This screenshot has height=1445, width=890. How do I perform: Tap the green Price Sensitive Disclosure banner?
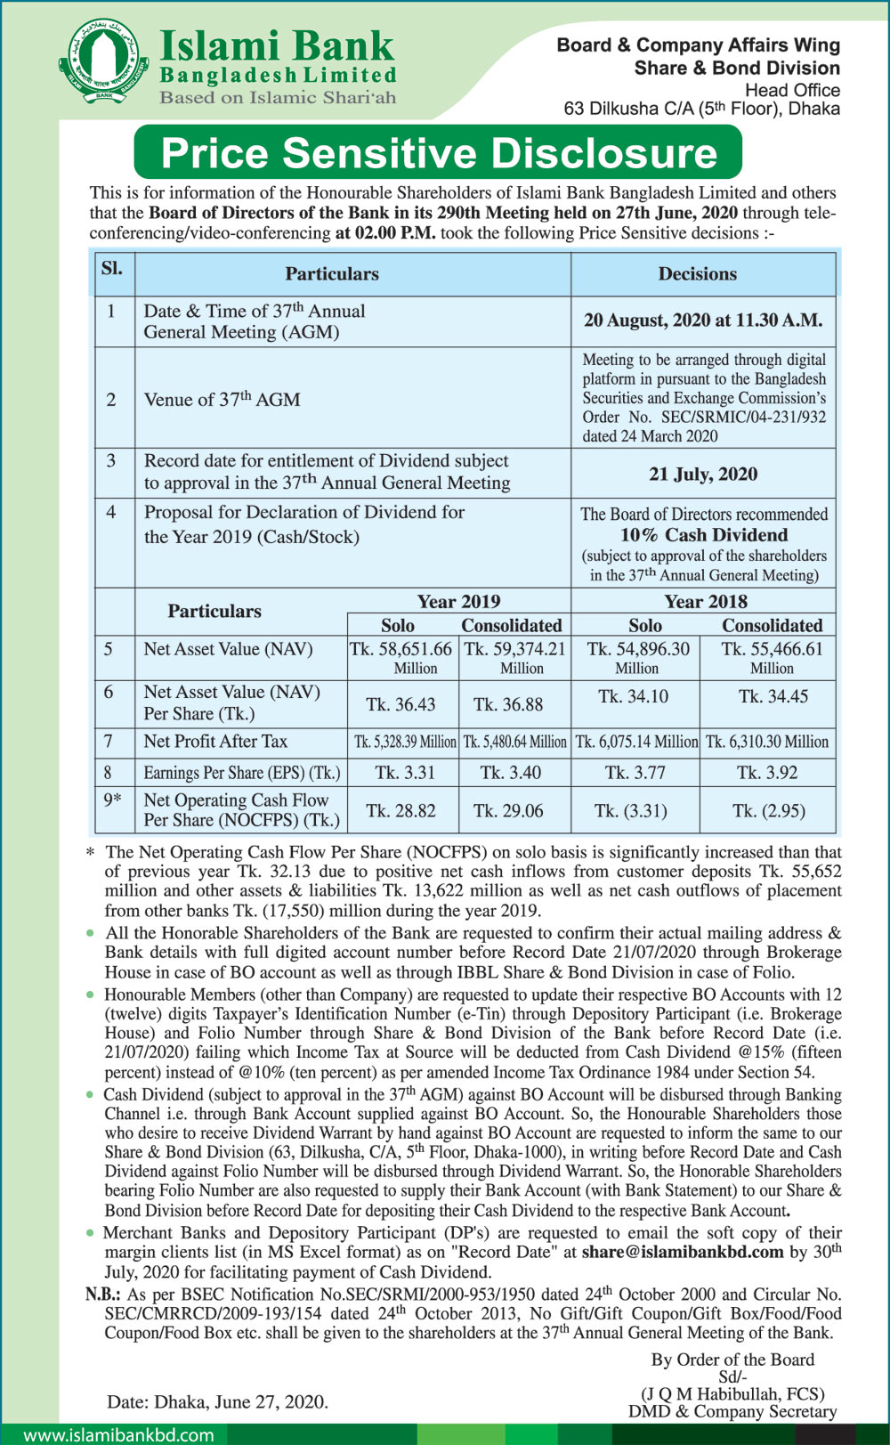438,153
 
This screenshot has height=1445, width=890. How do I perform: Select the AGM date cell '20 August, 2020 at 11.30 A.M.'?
703,321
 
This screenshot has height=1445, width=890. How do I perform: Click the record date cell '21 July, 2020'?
703,474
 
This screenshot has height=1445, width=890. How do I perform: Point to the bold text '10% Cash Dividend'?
704,535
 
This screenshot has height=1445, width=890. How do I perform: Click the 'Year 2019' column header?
458,602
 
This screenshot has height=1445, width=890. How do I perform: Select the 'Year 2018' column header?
706,602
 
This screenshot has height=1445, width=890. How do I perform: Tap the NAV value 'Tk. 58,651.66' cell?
401,650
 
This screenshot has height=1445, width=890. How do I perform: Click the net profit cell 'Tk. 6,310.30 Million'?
767,742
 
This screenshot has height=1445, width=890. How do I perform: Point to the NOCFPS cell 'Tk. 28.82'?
401,811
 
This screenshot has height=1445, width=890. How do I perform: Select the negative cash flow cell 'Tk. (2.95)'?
769,811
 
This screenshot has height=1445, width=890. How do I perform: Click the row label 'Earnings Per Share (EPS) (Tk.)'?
242,773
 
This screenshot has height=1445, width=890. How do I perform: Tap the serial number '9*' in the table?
112,800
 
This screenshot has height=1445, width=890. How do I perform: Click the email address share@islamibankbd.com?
683,1252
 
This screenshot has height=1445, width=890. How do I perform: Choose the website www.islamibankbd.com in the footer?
118,1435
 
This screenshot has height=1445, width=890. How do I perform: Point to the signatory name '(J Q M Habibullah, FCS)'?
732,1393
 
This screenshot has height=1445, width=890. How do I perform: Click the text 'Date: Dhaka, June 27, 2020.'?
217,1401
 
